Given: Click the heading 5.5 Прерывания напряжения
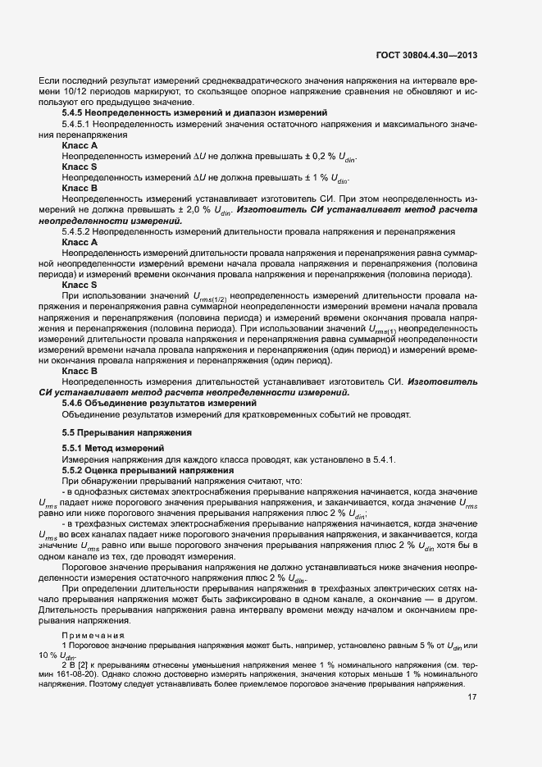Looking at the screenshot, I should pos(117,432).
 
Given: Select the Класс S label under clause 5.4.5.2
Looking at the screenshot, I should pos(80,284).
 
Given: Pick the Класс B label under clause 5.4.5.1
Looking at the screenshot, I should pos(80,188).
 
